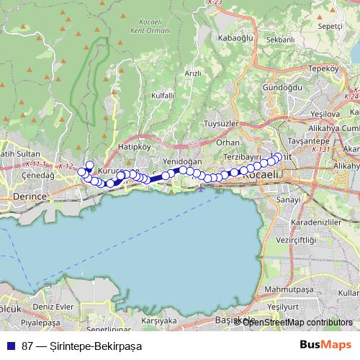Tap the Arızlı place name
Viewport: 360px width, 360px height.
click(193, 73)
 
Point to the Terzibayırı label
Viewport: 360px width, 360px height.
click(241, 156)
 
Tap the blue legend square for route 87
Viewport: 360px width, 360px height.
click(11, 346)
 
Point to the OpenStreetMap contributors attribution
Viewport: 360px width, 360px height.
click(297, 323)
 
